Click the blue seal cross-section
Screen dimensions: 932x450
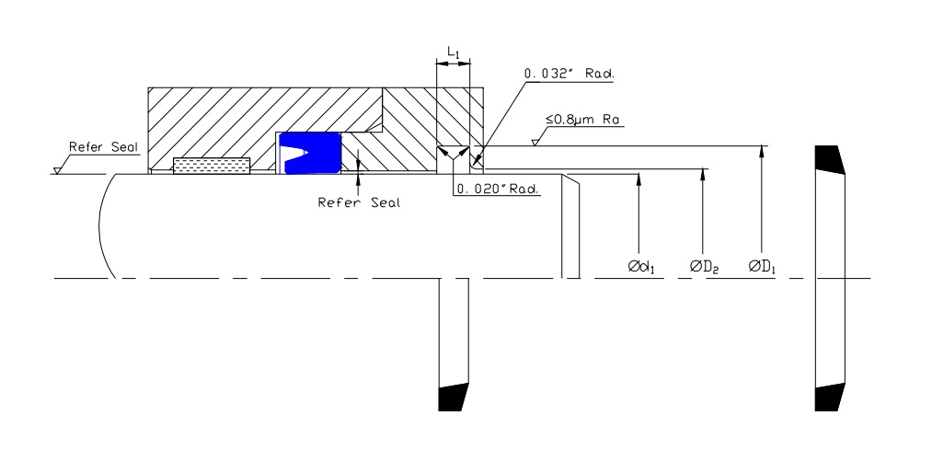point(309,153)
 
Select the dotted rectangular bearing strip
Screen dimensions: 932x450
point(212,166)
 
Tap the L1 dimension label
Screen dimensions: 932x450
point(453,52)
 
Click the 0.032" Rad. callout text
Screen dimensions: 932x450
point(569,74)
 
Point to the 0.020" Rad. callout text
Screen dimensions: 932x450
point(497,189)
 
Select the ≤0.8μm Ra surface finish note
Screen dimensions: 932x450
point(582,119)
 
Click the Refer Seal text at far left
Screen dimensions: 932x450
point(103,147)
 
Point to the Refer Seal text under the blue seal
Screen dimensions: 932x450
point(359,202)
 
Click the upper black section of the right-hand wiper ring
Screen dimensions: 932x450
point(829,159)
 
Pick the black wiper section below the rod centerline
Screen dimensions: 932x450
point(453,398)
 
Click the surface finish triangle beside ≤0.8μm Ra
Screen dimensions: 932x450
point(535,142)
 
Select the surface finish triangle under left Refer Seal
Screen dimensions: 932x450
point(57,170)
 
